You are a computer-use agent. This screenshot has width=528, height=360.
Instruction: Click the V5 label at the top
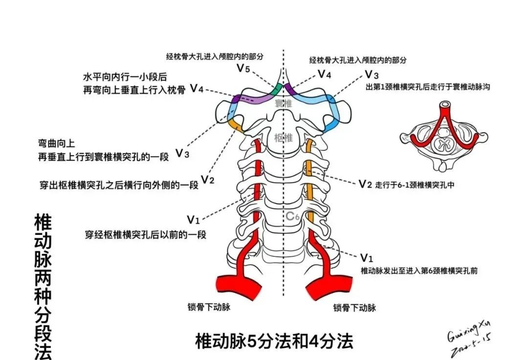[x=243, y=68]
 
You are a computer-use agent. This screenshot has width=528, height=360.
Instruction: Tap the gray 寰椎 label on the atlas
[x=283, y=104]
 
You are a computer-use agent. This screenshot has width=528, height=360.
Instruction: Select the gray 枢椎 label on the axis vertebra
[x=283, y=138]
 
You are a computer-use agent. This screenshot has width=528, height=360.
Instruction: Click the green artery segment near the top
[x=276, y=89]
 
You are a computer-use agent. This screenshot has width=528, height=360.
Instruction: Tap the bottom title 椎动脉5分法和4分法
[x=274, y=341]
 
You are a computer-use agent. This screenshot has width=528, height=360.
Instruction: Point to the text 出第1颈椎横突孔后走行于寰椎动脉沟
[x=428, y=87]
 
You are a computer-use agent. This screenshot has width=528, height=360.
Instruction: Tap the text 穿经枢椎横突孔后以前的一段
[x=146, y=234]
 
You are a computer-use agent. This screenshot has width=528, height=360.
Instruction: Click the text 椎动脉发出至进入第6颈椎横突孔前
[x=419, y=270]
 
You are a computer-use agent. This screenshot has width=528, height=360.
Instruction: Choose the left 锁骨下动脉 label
[x=208, y=307]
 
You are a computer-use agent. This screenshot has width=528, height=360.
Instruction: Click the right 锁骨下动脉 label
[x=354, y=308]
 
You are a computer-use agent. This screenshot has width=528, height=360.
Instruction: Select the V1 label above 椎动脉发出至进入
[x=367, y=257]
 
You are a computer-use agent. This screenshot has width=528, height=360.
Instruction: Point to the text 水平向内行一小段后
[x=125, y=77]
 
